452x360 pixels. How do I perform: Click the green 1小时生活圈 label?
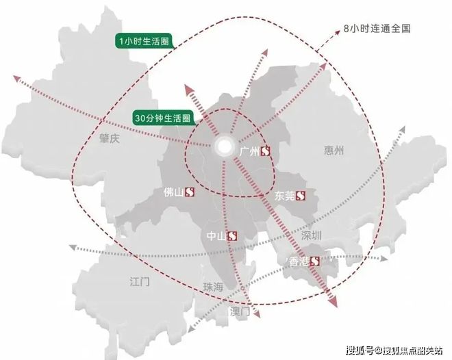click(x=142, y=42)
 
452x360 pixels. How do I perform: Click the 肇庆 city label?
click(x=109, y=138)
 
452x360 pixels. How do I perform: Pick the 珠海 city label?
click(x=213, y=287)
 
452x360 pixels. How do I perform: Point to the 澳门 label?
click(x=242, y=311)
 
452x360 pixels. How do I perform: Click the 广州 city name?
click(x=249, y=152)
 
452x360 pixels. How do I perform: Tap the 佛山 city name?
click(x=175, y=192)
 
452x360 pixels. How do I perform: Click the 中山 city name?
click(x=216, y=236)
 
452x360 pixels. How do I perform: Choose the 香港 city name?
click(x=299, y=261)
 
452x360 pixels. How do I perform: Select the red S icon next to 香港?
click(x=315, y=261)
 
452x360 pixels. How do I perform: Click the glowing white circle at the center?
click(x=224, y=146)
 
